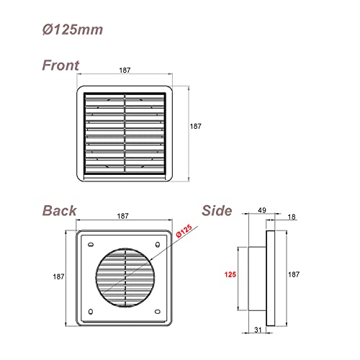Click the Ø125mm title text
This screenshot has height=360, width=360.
click(x=71, y=30)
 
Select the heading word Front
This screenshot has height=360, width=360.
click(x=60, y=65)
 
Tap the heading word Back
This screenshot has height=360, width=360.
click(x=59, y=211)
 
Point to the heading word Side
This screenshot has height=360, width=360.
click(x=217, y=211)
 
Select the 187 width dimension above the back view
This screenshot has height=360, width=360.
click(x=123, y=216)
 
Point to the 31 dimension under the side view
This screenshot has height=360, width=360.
click(x=257, y=330)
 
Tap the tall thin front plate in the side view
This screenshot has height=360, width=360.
click(x=271, y=275)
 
